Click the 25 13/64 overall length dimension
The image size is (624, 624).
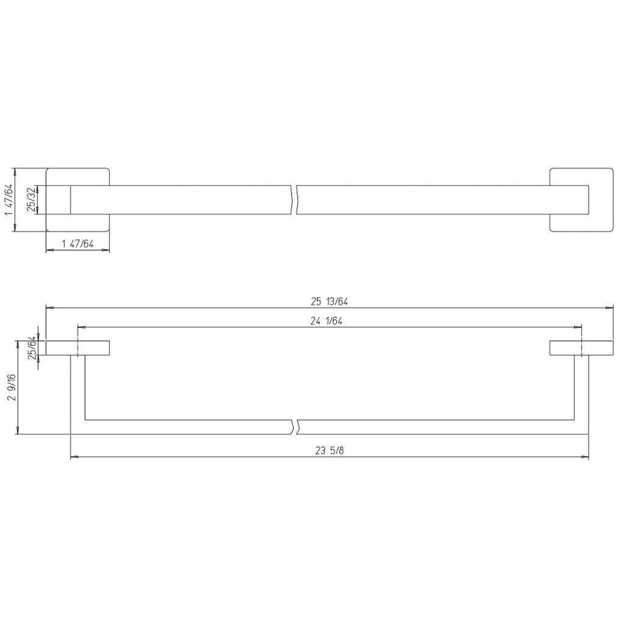coord(329,301)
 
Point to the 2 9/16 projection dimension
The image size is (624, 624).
coord(12,387)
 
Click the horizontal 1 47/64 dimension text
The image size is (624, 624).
coord(78,244)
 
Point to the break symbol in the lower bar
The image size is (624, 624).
coord(296,427)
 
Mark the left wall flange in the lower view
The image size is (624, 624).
coord(78,348)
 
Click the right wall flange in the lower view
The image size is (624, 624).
coord(581,348)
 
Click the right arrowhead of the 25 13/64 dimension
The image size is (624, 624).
coord(609,307)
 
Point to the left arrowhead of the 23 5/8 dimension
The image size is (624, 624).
coord(74,456)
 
